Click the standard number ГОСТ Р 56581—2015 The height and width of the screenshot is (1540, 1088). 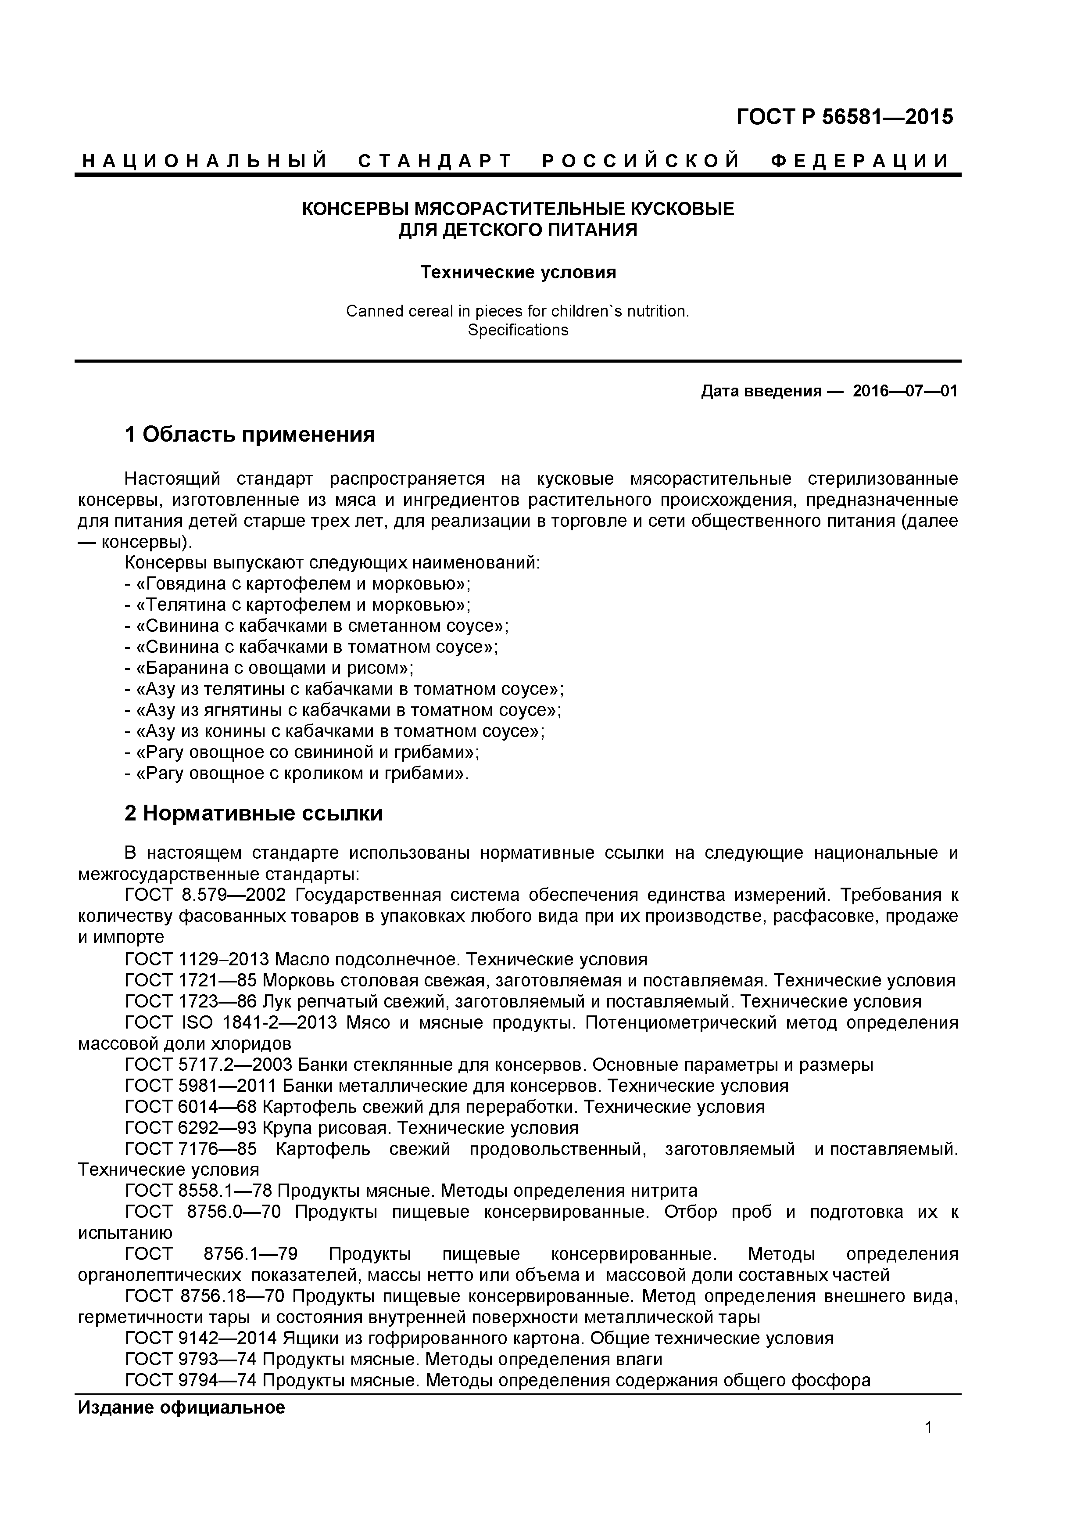pyautogui.click(x=844, y=117)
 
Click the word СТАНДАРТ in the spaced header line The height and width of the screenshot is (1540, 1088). pyautogui.click(x=435, y=161)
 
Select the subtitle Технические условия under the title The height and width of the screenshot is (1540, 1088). pyautogui.click(x=518, y=272)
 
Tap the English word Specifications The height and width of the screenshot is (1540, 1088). pyautogui.click(x=518, y=330)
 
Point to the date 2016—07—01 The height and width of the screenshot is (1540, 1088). pyautogui.click(x=905, y=391)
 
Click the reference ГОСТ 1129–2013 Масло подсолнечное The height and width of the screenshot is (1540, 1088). pyautogui.click(x=386, y=959)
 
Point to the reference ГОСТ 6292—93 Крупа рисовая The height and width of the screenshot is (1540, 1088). pyautogui.click(x=351, y=1128)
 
